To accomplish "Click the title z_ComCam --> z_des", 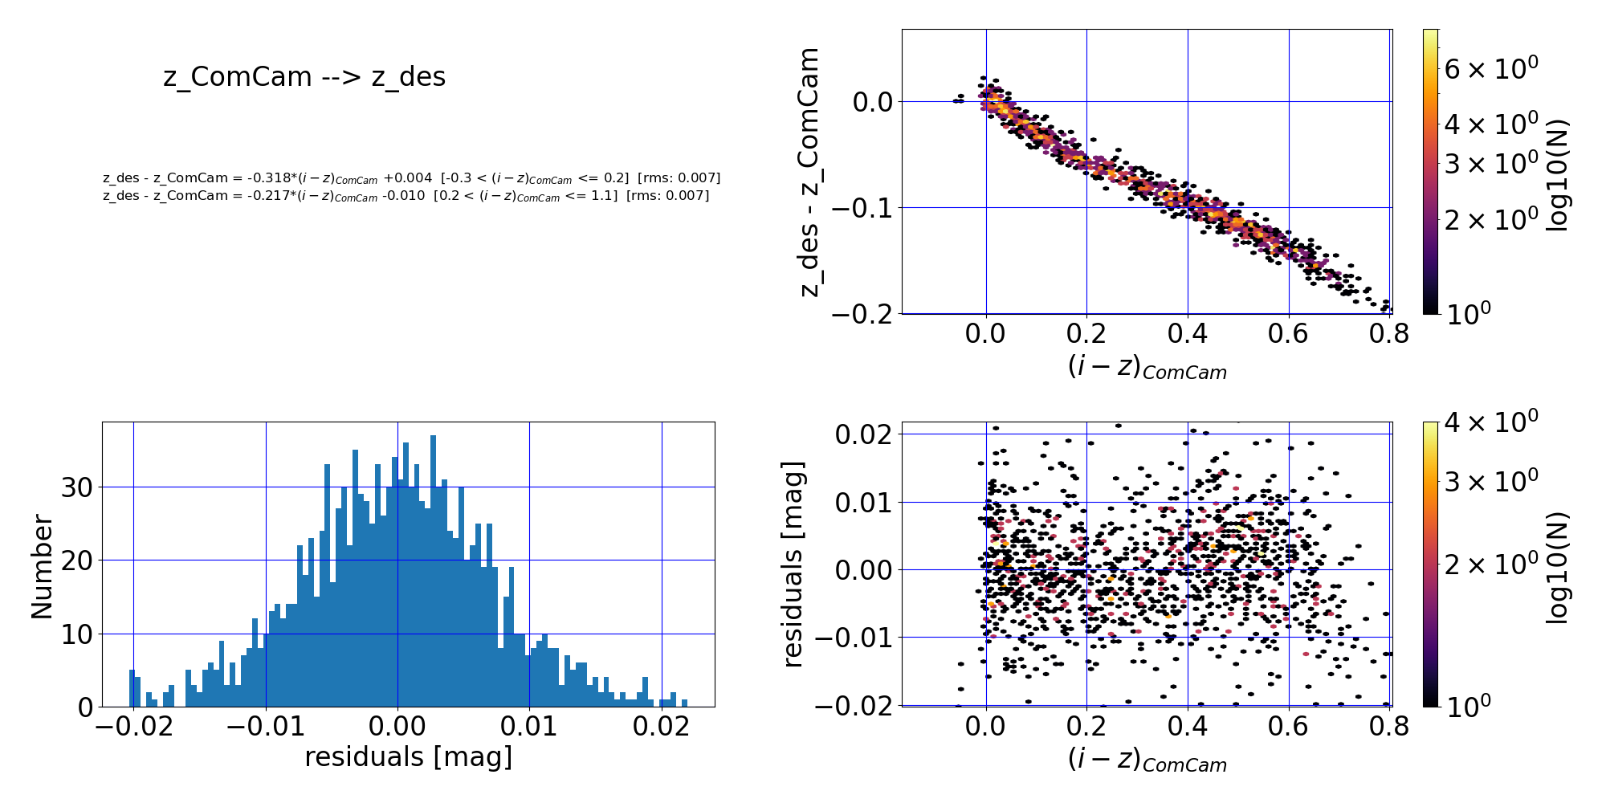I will [x=304, y=77].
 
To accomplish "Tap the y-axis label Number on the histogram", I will [x=42, y=567].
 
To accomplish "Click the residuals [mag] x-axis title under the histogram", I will [x=408, y=756].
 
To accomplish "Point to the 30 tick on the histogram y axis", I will [x=76, y=487].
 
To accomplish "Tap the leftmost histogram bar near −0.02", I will [x=132, y=688].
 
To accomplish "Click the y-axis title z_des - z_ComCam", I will [x=809, y=172].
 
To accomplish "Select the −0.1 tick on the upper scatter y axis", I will [x=863, y=208].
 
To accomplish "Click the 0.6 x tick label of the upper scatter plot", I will [x=1289, y=333].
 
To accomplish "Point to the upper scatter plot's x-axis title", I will [x=1147, y=367].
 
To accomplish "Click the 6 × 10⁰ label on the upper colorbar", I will [x=1490, y=69].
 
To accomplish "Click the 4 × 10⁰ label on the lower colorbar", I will [x=1490, y=420].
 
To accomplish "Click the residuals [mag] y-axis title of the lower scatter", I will [x=793, y=564].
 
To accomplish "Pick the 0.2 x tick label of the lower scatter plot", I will [x=1086, y=726].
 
